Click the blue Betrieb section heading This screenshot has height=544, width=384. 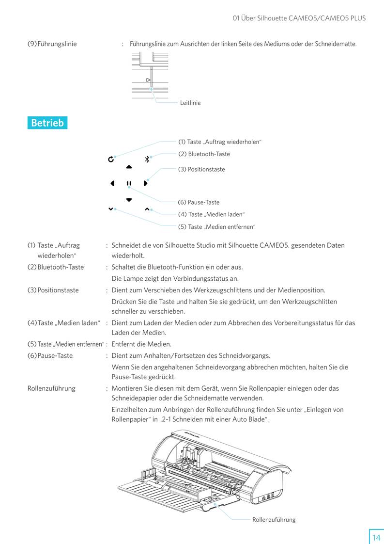47,123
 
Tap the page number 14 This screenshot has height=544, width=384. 376,537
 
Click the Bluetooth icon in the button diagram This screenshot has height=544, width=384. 147,159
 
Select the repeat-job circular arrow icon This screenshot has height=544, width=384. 111,159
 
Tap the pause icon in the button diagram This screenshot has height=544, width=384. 129,184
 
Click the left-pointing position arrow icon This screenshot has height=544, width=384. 112,184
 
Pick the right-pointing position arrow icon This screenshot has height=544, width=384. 145,184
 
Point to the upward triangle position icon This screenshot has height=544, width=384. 129,167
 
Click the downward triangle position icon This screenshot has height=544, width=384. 129,200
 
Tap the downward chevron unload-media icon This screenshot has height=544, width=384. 111,209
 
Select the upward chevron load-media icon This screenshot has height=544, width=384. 147,209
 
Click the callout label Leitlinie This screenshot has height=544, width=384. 190,103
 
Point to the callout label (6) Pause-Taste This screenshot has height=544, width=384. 199,202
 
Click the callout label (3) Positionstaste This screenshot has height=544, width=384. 201,169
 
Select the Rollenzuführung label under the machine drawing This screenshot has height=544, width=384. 274,520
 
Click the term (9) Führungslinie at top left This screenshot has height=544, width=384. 52,44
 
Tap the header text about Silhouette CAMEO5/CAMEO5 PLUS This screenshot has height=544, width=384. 299,18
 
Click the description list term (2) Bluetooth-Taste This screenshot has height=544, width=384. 56,267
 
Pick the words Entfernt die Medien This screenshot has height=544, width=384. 141,344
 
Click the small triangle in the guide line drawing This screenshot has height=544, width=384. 148,80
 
